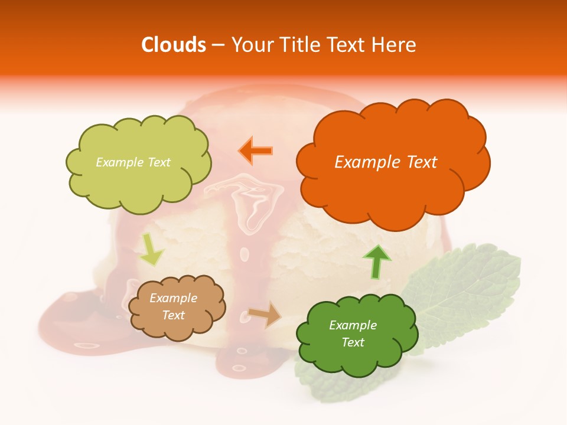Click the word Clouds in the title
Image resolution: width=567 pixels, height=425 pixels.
click(x=174, y=45)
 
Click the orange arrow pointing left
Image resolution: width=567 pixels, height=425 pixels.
click(x=256, y=151)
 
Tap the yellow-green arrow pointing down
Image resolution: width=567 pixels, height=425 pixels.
click(x=152, y=250)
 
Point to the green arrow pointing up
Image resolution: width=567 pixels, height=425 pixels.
click(x=376, y=261)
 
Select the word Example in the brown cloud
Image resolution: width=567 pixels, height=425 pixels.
click(x=173, y=298)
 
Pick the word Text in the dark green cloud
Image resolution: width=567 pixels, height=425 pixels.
click(x=353, y=342)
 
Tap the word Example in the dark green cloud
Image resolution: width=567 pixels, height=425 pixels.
click(x=353, y=325)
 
